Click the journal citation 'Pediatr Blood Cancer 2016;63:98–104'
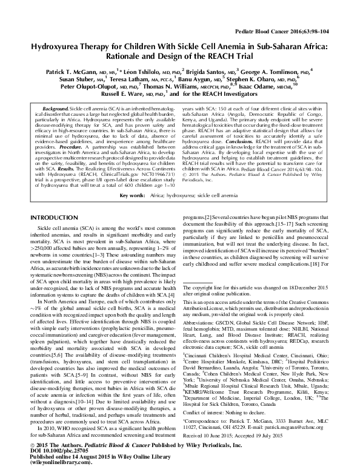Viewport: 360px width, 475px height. (x=295, y=30)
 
